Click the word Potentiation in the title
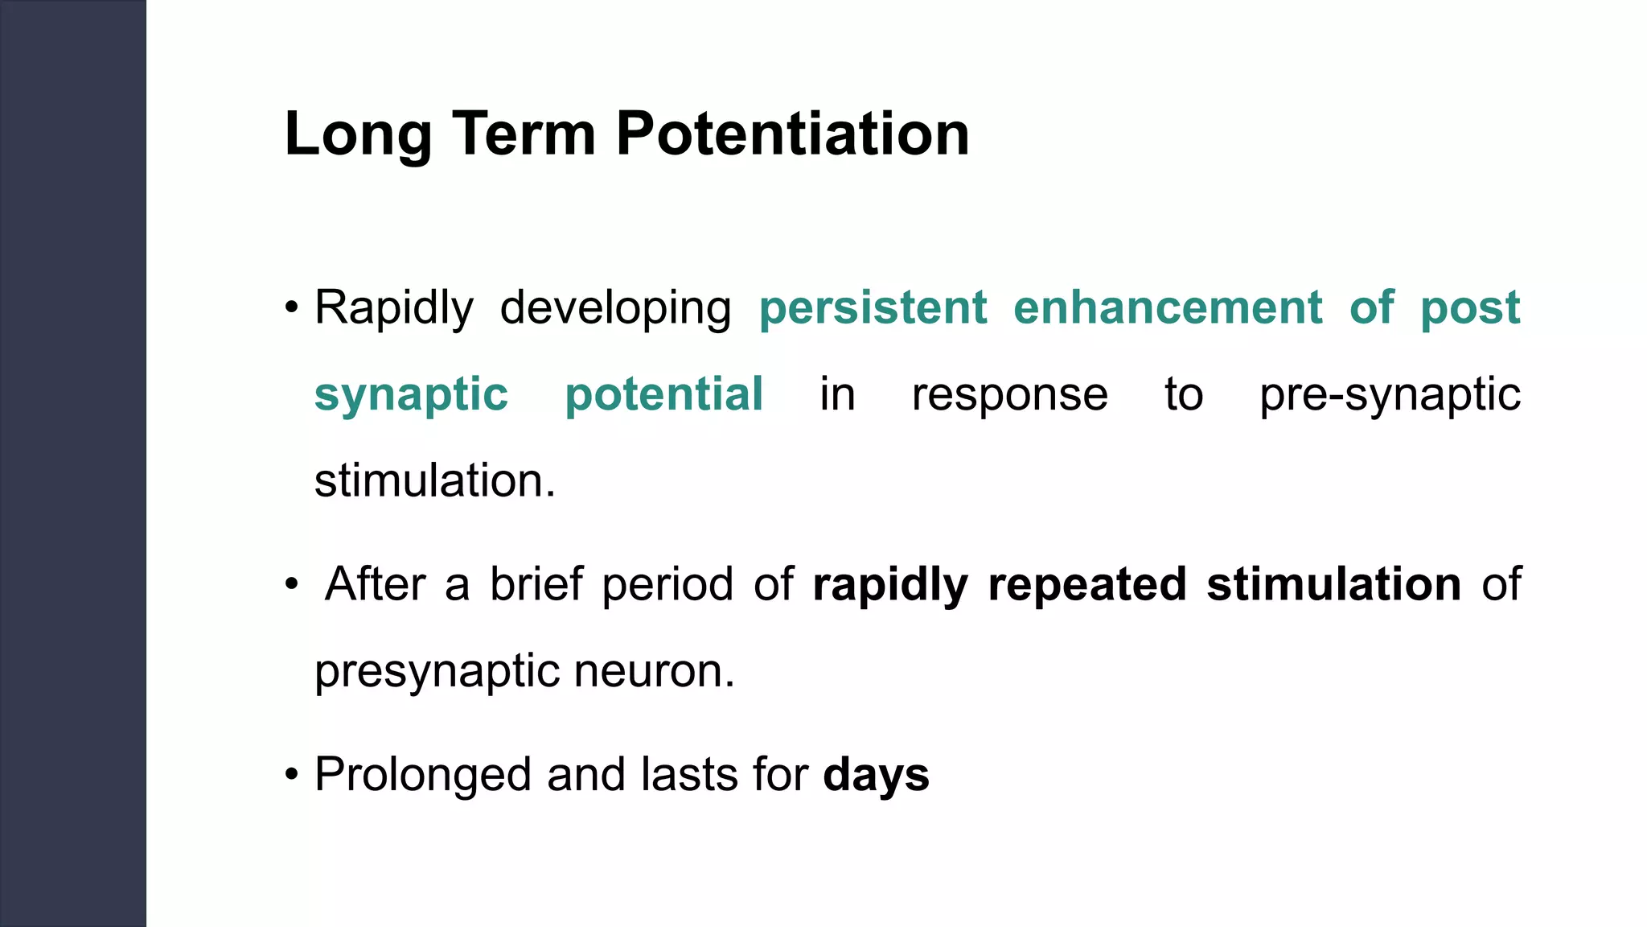point(792,134)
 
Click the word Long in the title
point(358,134)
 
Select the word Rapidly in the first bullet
point(393,308)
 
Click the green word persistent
point(873,308)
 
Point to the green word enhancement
point(1168,308)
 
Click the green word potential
point(663,394)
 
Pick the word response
point(1009,396)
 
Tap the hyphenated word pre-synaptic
point(1390,396)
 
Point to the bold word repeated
point(1087,584)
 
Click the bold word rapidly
point(890,586)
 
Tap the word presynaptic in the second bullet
point(436,673)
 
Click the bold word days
point(876,775)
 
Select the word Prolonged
point(423,775)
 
